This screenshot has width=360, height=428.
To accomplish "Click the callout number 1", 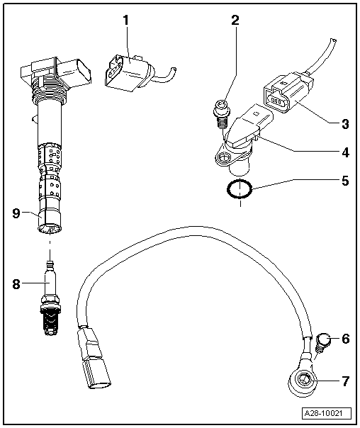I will (x=125, y=21).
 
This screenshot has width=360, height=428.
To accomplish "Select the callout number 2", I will (x=235, y=21).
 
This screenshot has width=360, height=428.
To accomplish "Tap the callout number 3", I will (x=345, y=124).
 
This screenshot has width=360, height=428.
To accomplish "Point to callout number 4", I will (x=345, y=152).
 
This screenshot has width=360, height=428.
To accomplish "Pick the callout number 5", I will (x=345, y=180).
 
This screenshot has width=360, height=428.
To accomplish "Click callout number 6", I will (x=345, y=339).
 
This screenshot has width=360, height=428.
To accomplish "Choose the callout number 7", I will (x=345, y=381).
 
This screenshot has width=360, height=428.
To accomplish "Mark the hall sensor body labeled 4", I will (x=241, y=138).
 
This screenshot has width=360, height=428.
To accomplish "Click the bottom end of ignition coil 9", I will (x=50, y=227).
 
